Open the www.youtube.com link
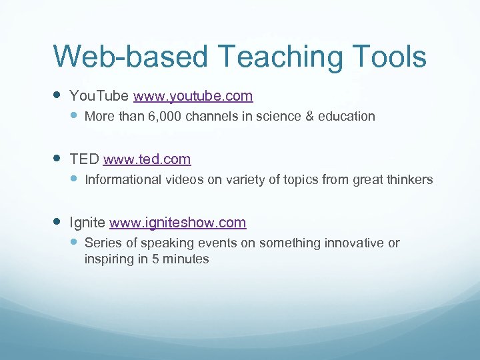193,96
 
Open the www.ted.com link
147,159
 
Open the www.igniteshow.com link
178,223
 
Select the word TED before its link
85,159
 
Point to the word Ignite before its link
88,223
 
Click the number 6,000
165,117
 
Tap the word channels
210,117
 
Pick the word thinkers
410,180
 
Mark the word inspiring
109,259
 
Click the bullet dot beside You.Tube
57,96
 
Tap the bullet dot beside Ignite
57,223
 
